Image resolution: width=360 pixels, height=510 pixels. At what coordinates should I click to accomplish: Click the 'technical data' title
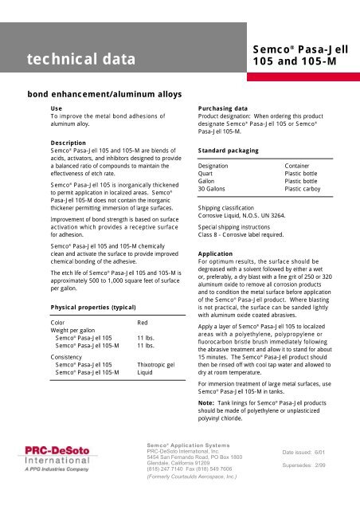(x=74, y=58)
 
